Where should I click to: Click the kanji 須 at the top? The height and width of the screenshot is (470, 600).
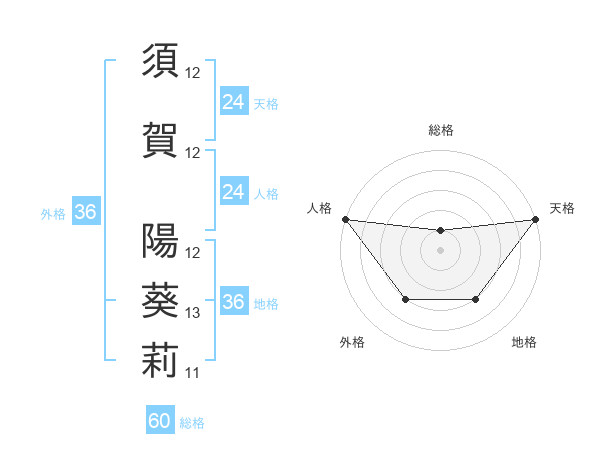[160, 60]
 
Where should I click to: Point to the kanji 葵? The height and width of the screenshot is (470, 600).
[160, 297]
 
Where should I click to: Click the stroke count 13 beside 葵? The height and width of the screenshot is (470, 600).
[193, 313]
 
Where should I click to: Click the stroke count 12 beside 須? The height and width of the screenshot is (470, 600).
[193, 73]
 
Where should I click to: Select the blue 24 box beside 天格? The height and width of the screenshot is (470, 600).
[234, 102]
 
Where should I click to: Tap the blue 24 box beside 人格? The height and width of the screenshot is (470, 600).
[234, 192]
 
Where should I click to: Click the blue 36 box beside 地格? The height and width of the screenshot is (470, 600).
[234, 302]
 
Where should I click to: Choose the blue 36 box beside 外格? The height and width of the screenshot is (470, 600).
[85, 212]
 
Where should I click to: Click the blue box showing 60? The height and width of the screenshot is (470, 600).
[160, 421]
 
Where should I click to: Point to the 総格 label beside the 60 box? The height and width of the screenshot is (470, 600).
[192, 423]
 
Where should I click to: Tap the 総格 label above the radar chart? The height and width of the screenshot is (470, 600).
[440, 130]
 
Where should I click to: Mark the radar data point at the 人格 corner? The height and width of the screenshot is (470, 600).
[345, 219]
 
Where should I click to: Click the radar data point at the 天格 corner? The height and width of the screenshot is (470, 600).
[535, 219]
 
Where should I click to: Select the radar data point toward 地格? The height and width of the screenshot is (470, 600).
[476, 299]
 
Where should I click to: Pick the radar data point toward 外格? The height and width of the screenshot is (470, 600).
[405, 299]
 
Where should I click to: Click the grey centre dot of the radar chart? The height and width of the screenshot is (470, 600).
[440, 249]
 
